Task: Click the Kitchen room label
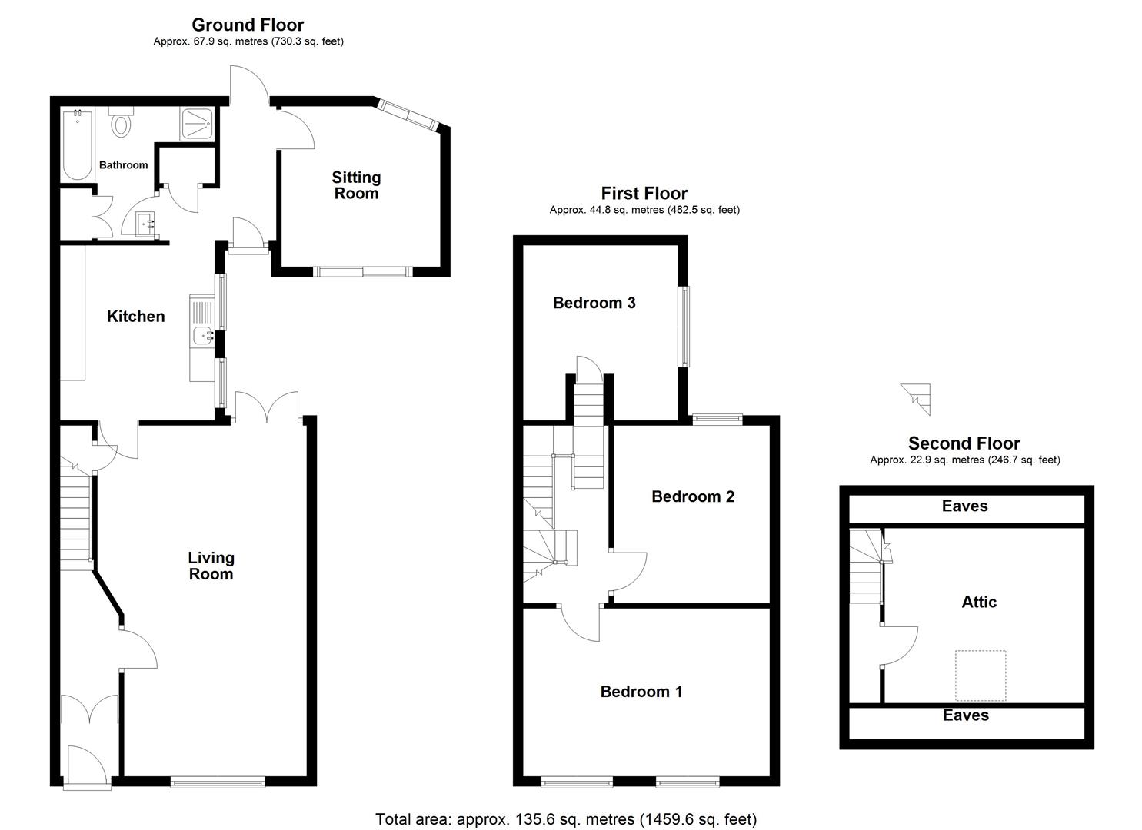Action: [x=135, y=317]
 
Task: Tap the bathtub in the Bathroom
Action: [x=77, y=145]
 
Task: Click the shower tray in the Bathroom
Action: [x=197, y=124]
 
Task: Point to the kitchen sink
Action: [x=203, y=334]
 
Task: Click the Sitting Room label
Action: [x=356, y=185]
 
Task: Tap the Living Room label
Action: [x=211, y=566]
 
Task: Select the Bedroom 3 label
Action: [x=594, y=303]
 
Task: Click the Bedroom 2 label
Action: [x=692, y=496]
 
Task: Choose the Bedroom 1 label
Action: [x=641, y=692]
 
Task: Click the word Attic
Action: [x=978, y=603]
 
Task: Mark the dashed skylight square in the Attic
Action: [x=981, y=676]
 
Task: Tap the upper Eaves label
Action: [x=964, y=506]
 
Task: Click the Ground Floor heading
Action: [x=248, y=25]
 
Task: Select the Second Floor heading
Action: [x=964, y=443]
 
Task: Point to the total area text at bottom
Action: [x=566, y=819]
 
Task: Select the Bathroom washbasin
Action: [x=145, y=224]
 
